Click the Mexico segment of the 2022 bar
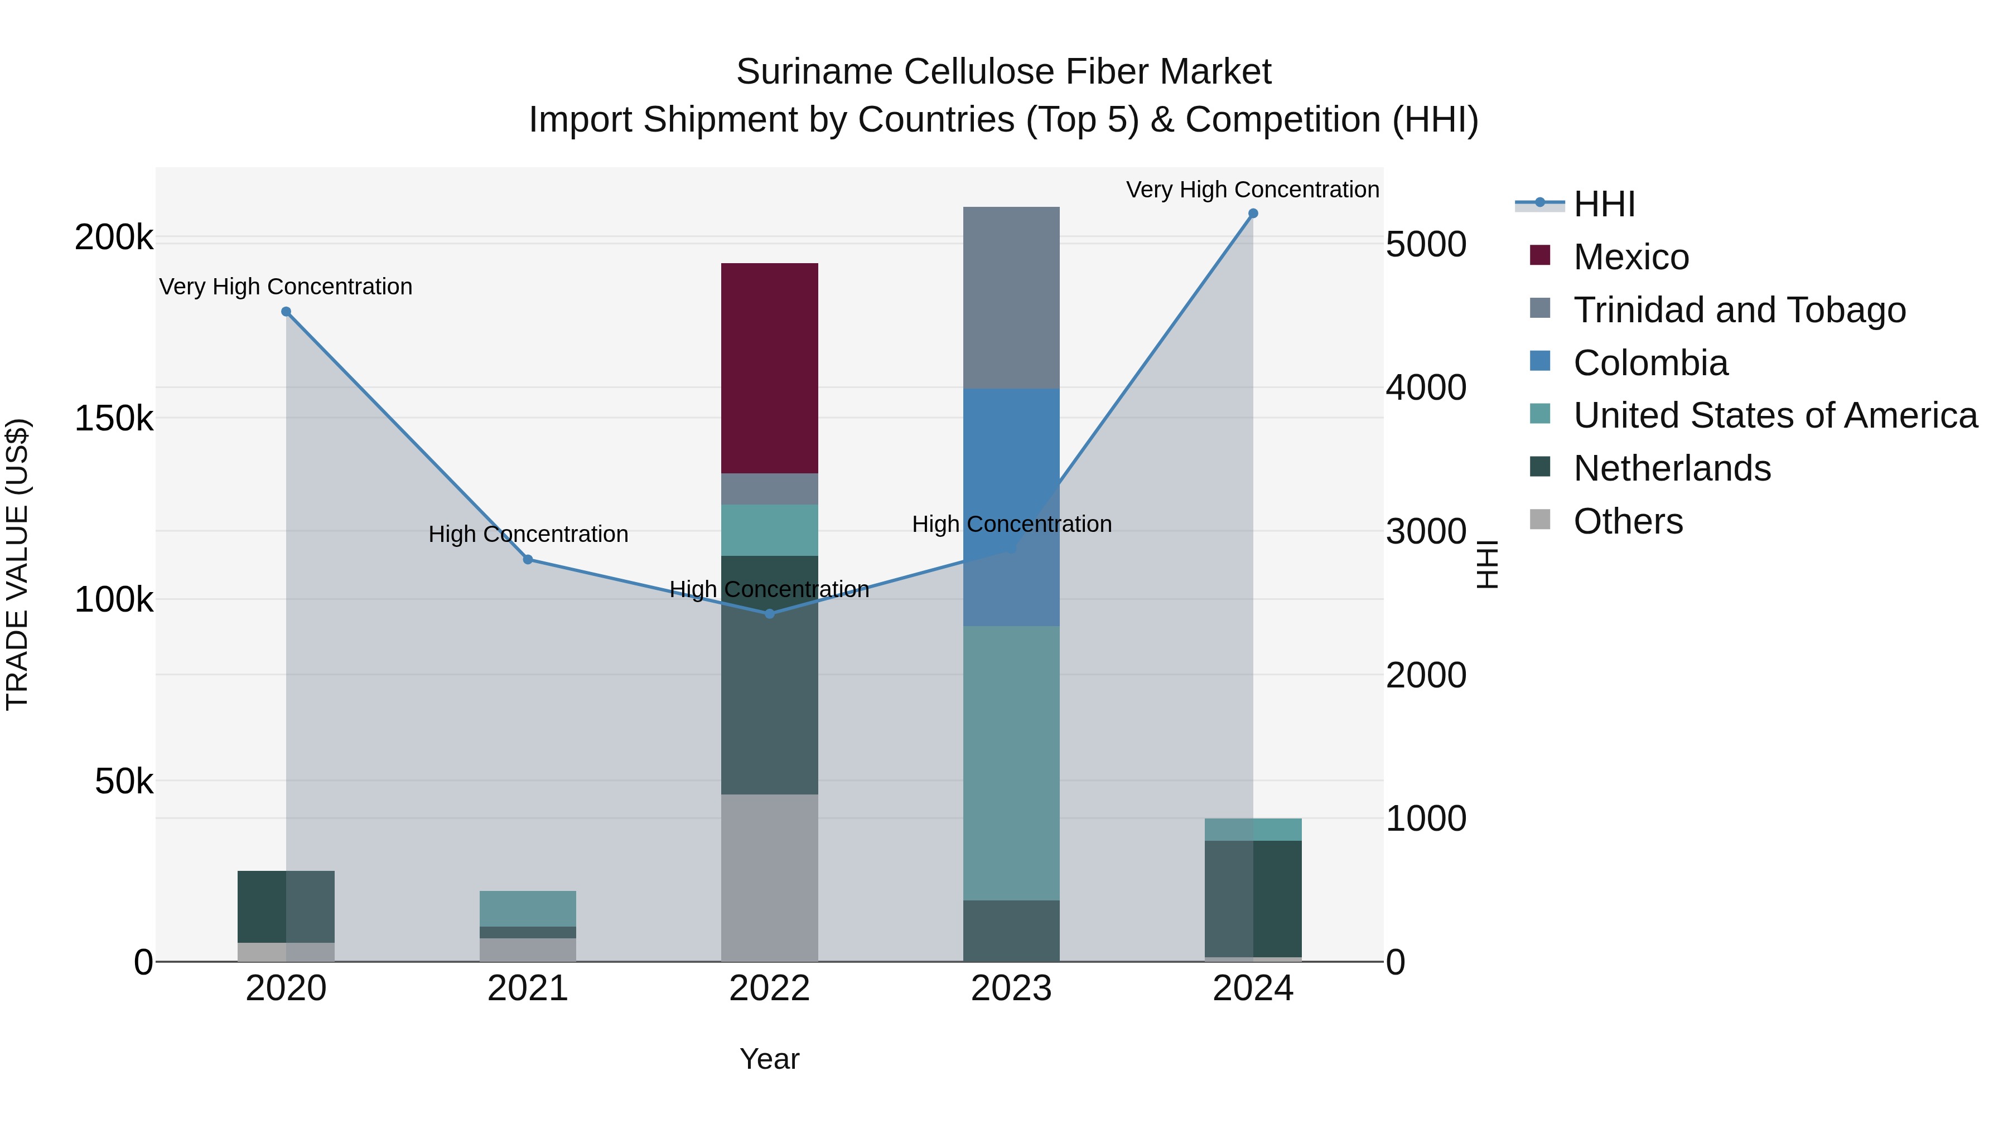coord(769,368)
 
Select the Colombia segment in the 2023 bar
coord(1011,506)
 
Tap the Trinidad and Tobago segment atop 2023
coord(1011,298)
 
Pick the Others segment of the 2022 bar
coord(769,878)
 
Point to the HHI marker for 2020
coord(286,312)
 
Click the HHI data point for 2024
coord(1253,214)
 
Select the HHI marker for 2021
coord(528,559)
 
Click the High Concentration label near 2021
coord(528,535)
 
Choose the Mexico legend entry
coord(1631,257)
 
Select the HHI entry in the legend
coord(1604,204)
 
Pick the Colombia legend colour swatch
coord(1540,361)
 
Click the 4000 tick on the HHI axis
coord(1426,387)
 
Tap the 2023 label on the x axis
coord(1011,989)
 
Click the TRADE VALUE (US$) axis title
coord(17,564)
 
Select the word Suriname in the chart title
coord(814,72)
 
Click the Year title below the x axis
coord(769,1059)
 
